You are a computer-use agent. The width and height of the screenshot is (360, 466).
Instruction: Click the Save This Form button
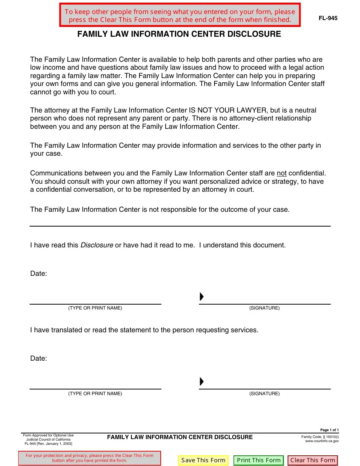tap(203, 460)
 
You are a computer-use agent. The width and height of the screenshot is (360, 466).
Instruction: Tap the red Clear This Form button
tap(313, 460)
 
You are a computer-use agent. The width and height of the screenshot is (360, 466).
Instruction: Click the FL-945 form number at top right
tap(328, 18)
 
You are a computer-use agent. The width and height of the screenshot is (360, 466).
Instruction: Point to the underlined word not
tap(282, 174)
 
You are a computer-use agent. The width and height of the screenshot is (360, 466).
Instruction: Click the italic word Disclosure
tap(97, 245)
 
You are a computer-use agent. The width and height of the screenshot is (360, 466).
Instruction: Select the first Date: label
tap(39, 274)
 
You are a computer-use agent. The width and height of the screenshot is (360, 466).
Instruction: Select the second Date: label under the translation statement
tap(39, 358)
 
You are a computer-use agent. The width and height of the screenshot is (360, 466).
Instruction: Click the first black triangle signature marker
tap(202, 297)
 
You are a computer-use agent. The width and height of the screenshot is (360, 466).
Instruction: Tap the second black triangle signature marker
tap(202, 382)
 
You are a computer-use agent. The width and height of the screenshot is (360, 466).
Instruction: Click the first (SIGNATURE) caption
tap(264, 308)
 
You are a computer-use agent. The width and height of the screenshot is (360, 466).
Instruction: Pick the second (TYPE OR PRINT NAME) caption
tap(95, 394)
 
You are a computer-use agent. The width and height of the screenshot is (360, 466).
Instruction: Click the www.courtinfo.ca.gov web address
tap(322, 441)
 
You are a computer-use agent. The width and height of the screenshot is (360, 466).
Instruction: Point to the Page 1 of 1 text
tap(329, 430)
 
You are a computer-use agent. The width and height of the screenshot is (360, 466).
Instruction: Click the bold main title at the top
tap(179, 34)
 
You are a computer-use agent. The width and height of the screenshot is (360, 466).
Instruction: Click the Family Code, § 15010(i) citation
tap(320, 437)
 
